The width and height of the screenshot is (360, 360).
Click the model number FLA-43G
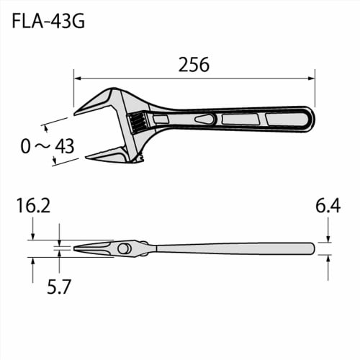pyautogui.click(x=49, y=22)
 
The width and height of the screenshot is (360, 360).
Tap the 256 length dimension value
pyautogui.click(x=194, y=65)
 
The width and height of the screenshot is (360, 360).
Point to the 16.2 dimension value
pyautogui.click(x=33, y=207)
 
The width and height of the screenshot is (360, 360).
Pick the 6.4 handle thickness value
pyautogui.click(x=328, y=207)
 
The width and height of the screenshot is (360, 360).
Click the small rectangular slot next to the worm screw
pyautogui.click(x=161, y=118)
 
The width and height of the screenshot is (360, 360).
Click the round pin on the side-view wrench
pyautogui.click(x=125, y=248)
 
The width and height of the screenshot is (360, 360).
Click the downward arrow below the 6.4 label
pyautogui.click(x=328, y=238)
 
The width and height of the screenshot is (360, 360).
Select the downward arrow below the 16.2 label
pyautogui.click(x=33, y=235)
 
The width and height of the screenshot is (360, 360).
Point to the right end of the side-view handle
pyautogui.click(x=312, y=248)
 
